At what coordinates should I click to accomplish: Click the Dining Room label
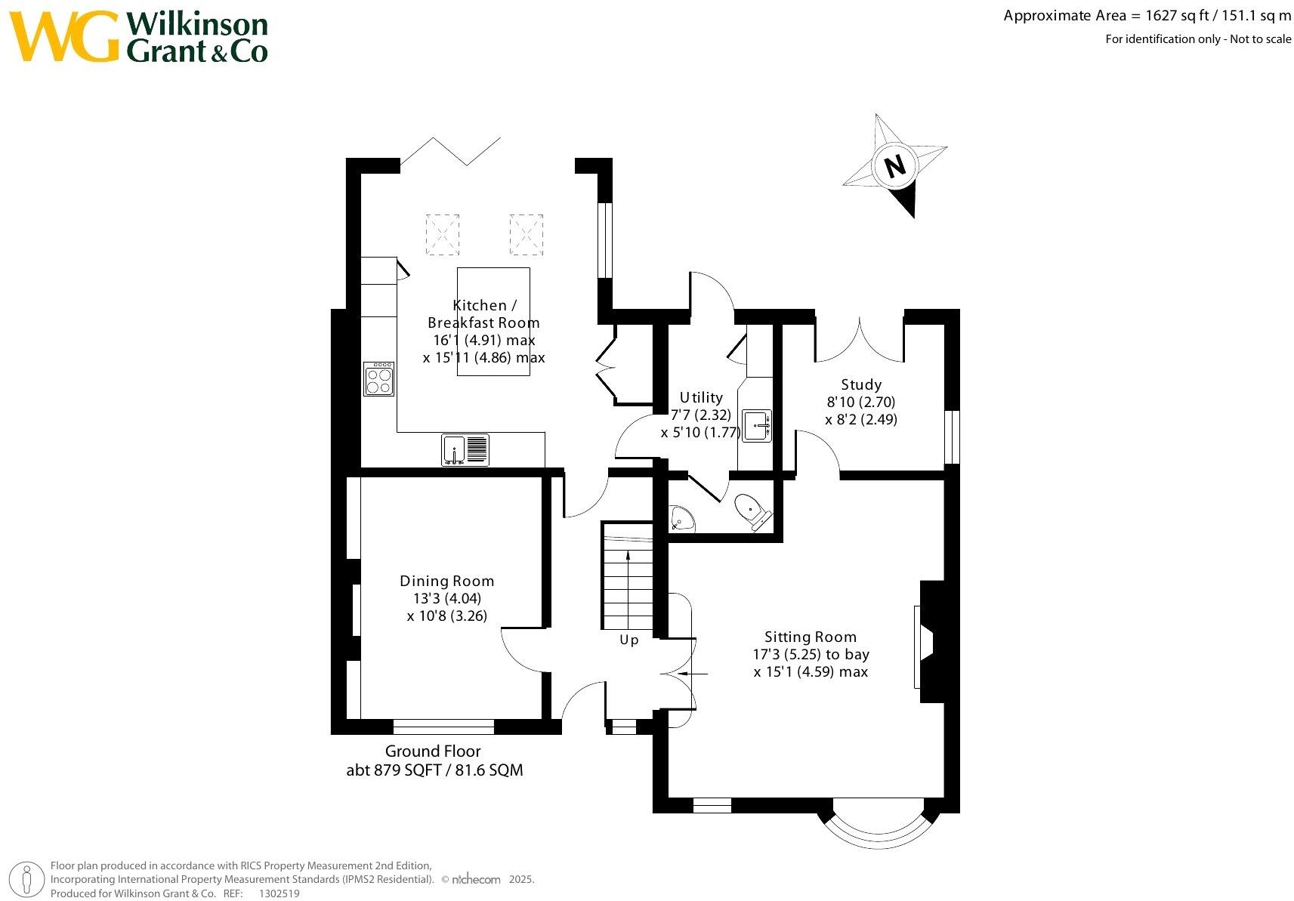coord(447,581)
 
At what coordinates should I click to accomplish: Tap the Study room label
coord(860,385)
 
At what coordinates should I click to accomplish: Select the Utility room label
coord(701,397)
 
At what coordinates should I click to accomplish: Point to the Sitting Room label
coord(811,637)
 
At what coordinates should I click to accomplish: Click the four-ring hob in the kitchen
coord(379,379)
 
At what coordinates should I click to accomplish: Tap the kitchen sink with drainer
coord(465,450)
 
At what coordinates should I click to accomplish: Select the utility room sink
coord(756,426)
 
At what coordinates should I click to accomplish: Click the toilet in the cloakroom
coord(753,512)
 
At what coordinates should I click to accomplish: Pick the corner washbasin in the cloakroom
coord(681,519)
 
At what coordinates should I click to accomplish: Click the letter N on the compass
coord(895,166)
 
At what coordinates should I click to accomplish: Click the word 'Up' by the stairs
coord(628,640)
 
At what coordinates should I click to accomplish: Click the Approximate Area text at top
coord(1147,16)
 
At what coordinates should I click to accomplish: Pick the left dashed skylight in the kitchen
coord(443,234)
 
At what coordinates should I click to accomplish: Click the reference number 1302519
coord(279,893)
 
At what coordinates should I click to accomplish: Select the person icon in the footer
coord(26,880)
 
